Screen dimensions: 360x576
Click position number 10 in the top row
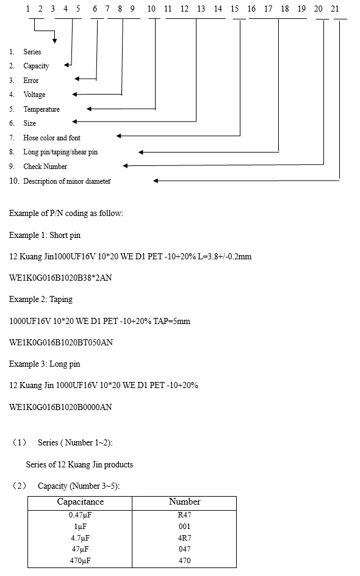pos(151,9)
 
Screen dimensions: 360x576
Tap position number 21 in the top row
pos(335,9)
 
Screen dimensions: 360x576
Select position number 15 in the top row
pos(235,9)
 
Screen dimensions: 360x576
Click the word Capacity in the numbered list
pos(36,66)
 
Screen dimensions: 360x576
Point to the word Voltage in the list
pos(35,95)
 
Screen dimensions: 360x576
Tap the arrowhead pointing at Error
pos(77,79)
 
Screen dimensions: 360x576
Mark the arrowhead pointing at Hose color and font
pos(118,136)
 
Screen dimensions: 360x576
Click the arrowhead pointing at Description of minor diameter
pos(156,181)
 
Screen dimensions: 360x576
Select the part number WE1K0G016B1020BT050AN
pos(61,342)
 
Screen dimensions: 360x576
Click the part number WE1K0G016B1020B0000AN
pos(60,407)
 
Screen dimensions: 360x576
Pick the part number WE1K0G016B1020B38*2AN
pos(60,278)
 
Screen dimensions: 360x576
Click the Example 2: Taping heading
pos(41,300)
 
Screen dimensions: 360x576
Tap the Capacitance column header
pos(81,502)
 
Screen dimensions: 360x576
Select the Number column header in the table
pos(184,502)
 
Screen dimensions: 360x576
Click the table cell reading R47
pos(184,515)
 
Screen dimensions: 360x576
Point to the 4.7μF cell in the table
pos(80,538)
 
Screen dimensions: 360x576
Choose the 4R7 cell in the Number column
pos(184,538)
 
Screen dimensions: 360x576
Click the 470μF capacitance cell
pos(80,561)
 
